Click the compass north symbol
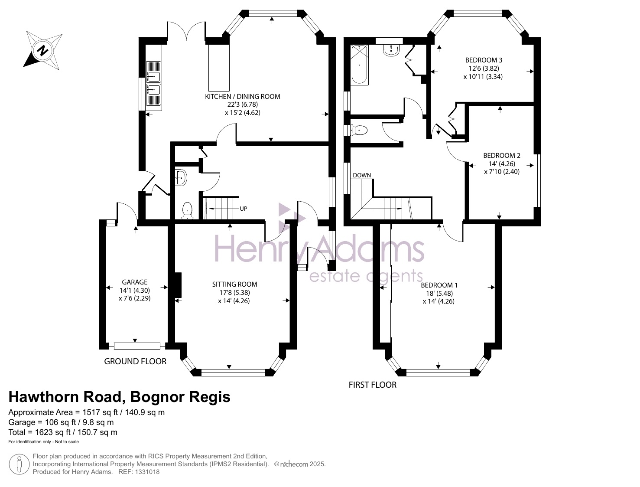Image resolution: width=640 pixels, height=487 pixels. [42, 51]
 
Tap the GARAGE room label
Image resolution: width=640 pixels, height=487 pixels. [134, 282]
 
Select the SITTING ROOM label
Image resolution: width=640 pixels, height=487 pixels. [234, 284]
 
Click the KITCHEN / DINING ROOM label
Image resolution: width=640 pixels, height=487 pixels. [242, 97]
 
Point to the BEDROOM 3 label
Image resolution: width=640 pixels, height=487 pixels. [484, 60]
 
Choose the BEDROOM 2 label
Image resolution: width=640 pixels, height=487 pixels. [501, 156]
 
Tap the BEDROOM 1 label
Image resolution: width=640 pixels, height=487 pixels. [439, 285]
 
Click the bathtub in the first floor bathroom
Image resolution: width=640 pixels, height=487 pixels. [359, 65]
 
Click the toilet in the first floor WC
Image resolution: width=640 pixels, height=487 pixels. [359, 130]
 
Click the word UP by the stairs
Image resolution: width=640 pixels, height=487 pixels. [244, 209]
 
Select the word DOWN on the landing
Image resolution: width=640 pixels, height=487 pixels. [362, 175]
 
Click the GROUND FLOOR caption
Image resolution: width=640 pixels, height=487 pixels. [135, 362]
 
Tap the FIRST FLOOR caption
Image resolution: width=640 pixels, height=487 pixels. [373, 385]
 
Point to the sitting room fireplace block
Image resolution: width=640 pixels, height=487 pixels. [178, 285]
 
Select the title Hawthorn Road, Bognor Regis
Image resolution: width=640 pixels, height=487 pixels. [119, 397]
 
